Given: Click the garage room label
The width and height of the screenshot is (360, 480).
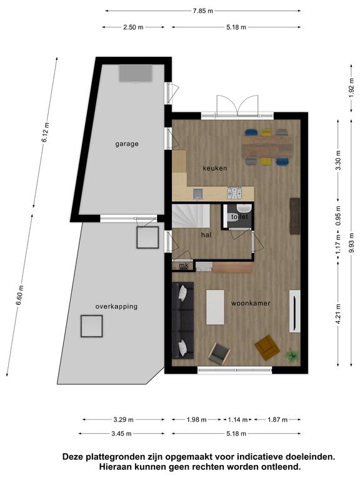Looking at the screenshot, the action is pyautogui.click(x=127, y=144).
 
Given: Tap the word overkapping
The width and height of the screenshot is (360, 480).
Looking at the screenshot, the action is pyautogui.click(x=116, y=306).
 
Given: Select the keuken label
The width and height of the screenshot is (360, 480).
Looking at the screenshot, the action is pyautogui.click(x=215, y=168).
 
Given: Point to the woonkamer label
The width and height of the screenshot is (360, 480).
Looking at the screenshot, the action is pyautogui.click(x=251, y=303).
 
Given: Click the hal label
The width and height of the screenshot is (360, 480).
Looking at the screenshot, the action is pyautogui.click(x=206, y=235).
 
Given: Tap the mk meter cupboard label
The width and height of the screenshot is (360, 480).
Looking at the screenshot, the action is pyautogui.click(x=184, y=266).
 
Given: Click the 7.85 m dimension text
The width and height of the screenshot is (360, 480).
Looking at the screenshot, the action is pyautogui.click(x=202, y=11).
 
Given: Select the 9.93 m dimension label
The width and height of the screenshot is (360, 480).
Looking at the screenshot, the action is pyautogui.click(x=351, y=242).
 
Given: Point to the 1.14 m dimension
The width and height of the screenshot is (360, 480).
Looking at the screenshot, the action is pyautogui.click(x=237, y=420).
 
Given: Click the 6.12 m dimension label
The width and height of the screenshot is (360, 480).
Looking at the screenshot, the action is pyautogui.click(x=45, y=132).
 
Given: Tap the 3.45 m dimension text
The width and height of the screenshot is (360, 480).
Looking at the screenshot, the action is pyautogui.click(x=121, y=434).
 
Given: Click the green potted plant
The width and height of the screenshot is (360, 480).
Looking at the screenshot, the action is pyautogui.click(x=292, y=356).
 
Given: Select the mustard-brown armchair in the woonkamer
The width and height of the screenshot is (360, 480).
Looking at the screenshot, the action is pyautogui.click(x=267, y=347).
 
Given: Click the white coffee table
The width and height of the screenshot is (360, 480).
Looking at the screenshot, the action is pyautogui.click(x=215, y=307).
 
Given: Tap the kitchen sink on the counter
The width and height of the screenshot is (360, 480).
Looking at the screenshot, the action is pyautogui.click(x=197, y=194).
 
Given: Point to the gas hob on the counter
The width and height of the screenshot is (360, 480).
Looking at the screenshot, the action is pyautogui.click(x=234, y=193).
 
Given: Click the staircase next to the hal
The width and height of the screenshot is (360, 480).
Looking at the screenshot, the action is pyautogui.click(x=191, y=216).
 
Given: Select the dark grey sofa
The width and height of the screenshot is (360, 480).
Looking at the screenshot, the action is pyautogui.click(x=182, y=320).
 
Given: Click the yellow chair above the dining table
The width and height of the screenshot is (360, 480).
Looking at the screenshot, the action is pyautogui.click(x=266, y=132).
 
